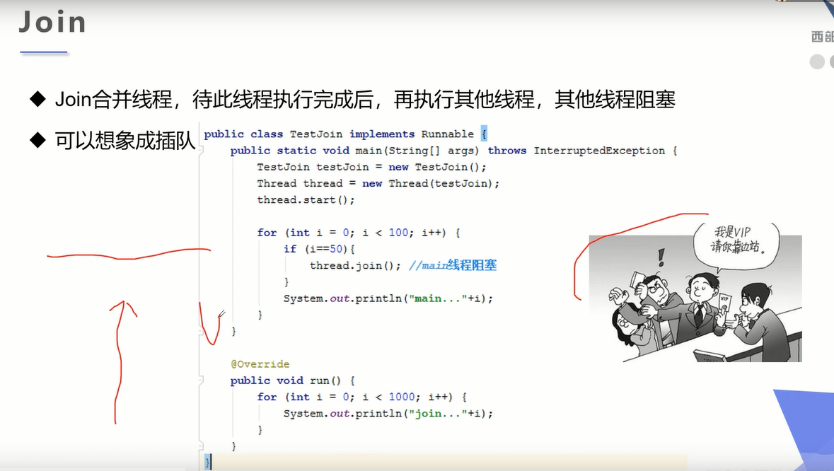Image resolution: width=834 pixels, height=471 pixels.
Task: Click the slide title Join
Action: click(x=52, y=23)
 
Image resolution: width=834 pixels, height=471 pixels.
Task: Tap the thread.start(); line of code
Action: click(x=306, y=199)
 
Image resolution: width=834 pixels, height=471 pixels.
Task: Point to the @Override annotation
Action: click(x=260, y=364)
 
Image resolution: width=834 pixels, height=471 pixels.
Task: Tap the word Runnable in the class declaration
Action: click(x=447, y=134)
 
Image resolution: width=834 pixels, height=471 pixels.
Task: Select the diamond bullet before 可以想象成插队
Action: click(x=37, y=140)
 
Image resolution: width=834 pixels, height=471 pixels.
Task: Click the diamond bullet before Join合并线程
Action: click(x=37, y=100)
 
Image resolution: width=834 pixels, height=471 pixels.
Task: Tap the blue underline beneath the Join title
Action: click(x=43, y=52)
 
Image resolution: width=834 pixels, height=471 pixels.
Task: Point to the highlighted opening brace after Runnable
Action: click(x=484, y=134)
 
